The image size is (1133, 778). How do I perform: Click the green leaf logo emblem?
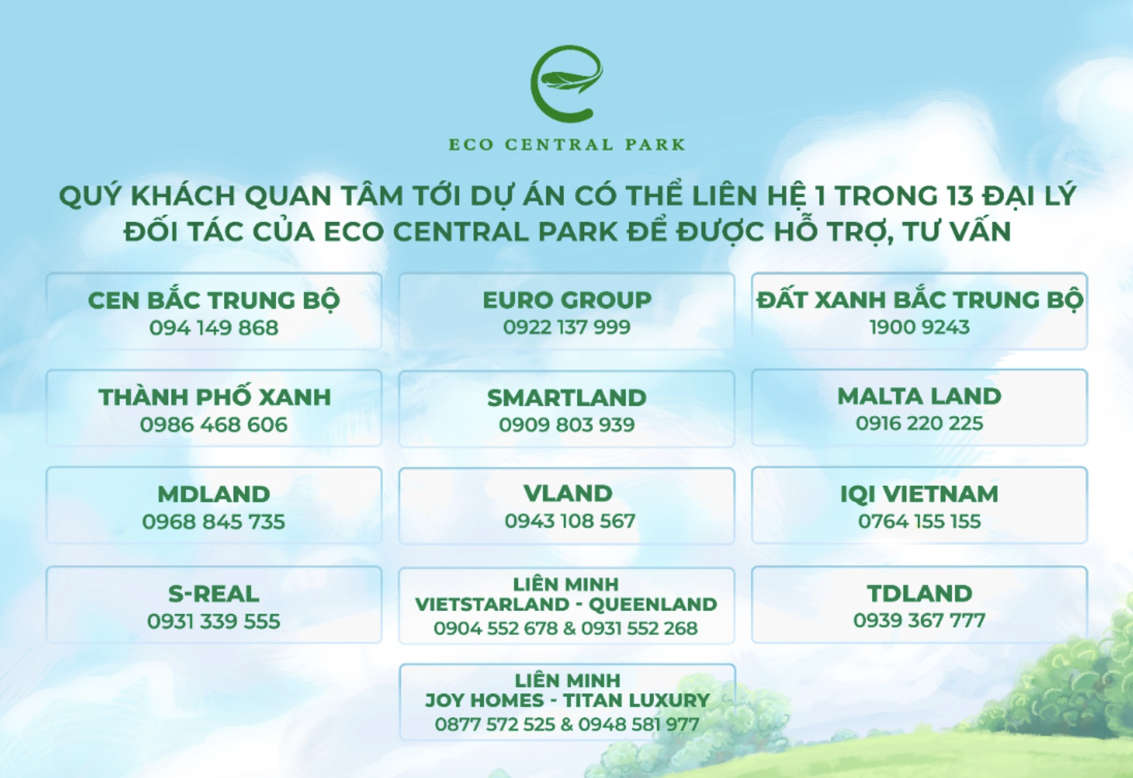coord(567,84)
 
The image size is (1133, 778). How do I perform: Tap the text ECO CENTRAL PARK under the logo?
coord(567,144)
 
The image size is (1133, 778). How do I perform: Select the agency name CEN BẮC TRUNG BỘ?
coord(214,300)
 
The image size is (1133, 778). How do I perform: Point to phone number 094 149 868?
coord(214,328)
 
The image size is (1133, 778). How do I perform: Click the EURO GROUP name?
coord(567,300)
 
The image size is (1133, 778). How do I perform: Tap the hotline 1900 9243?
coord(919,327)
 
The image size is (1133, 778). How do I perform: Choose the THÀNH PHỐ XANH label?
coord(214,397)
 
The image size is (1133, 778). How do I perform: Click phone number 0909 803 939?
coord(566,425)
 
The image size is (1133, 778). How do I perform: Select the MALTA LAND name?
coord(919,396)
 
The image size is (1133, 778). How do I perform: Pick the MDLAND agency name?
coord(214,494)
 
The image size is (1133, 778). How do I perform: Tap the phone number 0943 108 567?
coord(570,521)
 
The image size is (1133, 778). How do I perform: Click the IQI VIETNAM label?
coord(919,494)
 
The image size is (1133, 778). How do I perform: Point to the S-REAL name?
coord(214,594)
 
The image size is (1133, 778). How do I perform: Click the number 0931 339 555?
coord(214,621)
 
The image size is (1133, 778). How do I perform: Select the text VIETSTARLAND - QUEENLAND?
coord(566,604)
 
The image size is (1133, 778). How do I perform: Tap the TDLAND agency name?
coord(919,593)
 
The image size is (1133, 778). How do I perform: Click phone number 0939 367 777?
coord(919,620)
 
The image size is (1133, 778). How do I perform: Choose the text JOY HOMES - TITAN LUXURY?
coord(567,700)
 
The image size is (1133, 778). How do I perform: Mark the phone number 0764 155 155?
coord(919,521)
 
